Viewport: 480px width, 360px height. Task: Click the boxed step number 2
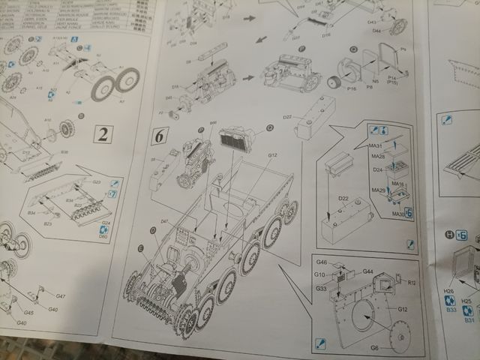click(103, 135)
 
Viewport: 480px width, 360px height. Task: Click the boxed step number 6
click(160, 136)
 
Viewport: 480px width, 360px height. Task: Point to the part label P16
click(352, 88)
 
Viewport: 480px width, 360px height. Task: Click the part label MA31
click(375, 145)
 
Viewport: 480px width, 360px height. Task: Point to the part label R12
click(412, 283)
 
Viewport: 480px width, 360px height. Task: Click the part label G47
click(60, 297)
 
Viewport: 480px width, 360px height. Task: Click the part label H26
click(449, 291)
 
